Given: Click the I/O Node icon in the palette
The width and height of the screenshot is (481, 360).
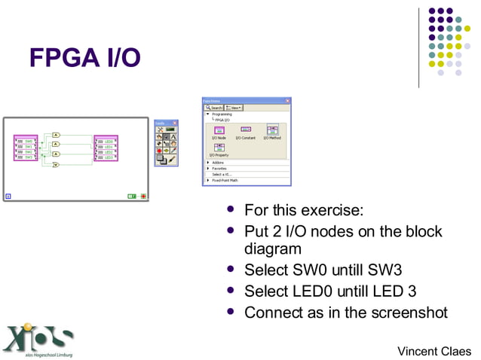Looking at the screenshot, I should (219, 131).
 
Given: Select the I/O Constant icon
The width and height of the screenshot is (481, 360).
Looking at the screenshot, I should (246, 131).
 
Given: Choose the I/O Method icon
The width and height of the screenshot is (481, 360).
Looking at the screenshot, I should (272, 131).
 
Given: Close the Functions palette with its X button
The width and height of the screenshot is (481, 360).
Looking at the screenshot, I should (287, 100).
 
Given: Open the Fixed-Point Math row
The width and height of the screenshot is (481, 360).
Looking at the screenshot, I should (224, 180).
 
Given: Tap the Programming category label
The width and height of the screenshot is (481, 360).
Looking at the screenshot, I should (222, 114).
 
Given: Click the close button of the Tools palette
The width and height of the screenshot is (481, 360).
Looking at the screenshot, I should (175, 123).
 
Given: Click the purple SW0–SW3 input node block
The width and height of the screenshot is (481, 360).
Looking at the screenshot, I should (26, 148).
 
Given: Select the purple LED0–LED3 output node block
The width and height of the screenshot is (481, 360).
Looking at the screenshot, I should (106, 148).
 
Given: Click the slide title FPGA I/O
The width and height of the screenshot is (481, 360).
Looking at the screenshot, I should (84, 58).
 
